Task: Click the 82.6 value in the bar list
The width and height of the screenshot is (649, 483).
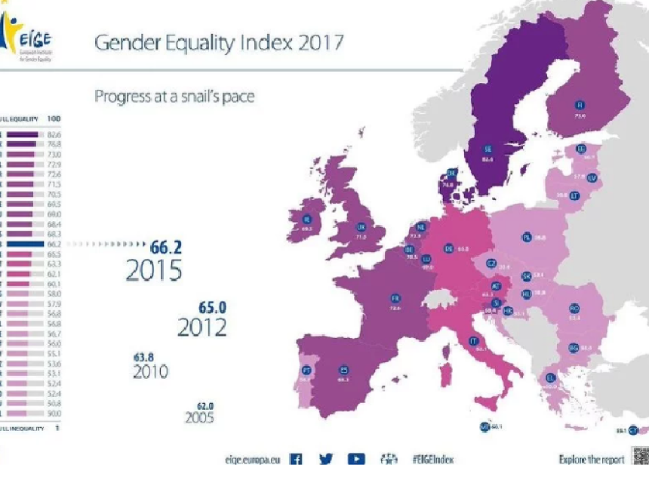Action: pyautogui.click(x=54, y=134)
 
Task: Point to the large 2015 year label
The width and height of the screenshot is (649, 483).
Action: pyautogui.click(x=154, y=270)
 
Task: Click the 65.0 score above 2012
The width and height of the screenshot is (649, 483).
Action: pyautogui.click(x=213, y=308)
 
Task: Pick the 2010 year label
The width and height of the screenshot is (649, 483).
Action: pyautogui.click(x=150, y=371)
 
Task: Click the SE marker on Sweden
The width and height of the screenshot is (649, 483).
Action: pyautogui.click(x=488, y=148)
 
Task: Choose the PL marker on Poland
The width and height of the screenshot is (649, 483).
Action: pyautogui.click(x=526, y=236)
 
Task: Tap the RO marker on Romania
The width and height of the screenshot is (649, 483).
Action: pyautogui.click(x=574, y=308)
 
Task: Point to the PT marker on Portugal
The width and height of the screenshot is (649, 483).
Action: pyautogui.click(x=306, y=370)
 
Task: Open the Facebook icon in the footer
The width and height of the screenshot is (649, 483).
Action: pyautogui.click(x=297, y=458)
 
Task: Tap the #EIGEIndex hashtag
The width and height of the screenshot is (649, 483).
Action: pyautogui.click(x=433, y=458)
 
